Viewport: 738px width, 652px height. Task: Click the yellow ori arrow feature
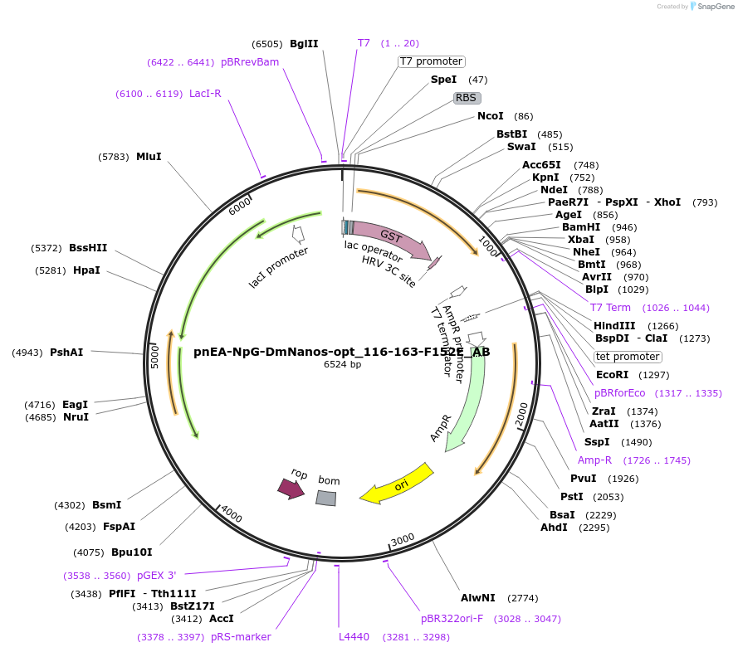click(x=398, y=484)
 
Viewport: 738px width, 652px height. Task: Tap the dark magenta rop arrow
click(x=291, y=489)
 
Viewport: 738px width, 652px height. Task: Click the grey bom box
click(x=326, y=498)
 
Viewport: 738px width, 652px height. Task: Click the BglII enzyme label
click(x=304, y=44)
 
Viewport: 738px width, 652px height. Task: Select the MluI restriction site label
click(x=149, y=156)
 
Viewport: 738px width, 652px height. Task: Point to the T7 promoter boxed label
click(x=431, y=61)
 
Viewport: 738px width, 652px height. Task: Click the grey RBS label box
click(x=467, y=97)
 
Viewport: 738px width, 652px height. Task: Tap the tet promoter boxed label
click(x=628, y=357)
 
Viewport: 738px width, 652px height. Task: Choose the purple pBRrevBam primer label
click(x=250, y=61)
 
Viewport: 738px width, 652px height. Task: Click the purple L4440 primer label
click(x=354, y=637)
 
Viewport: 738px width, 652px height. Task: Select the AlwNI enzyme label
click(x=478, y=597)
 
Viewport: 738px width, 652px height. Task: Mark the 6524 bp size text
click(x=342, y=364)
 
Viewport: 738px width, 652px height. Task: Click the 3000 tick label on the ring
click(x=403, y=540)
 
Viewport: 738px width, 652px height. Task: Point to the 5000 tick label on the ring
click(x=154, y=357)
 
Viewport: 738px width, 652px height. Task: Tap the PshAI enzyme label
click(x=66, y=353)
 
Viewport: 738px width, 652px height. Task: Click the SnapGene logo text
click(x=715, y=7)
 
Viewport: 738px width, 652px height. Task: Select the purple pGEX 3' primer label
click(x=157, y=575)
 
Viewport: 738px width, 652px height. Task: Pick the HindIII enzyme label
click(x=614, y=326)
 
